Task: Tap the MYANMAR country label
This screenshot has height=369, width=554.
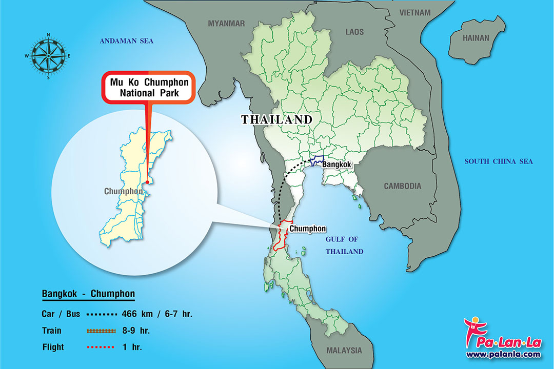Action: pyautogui.click(x=226, y=23)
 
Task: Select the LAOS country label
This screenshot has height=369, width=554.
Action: pyautogui.click(x=354, y=32)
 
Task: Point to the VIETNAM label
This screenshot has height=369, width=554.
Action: pyautogui.click(x=415, y=12)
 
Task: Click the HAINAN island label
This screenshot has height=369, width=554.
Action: pyautogui.click(x=476, y=38)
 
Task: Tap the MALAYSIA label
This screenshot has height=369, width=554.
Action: pyautogui.click(x=344, y=351)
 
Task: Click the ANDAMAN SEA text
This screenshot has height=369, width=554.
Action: pyautogui.click(x=127, y=41)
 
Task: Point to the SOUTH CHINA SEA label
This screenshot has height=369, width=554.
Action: pyautogui.click(x=498, y=161)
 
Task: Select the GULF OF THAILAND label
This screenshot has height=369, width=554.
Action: pyautogui.click(x=344, y=245)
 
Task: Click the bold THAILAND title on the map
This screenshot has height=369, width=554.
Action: pyautogui.click(x=276, y=119)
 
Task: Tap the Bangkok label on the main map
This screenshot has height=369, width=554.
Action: pyautogui.click(x=336, y=165)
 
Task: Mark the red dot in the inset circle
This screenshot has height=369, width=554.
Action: pyautogui.click(x=147, y=181)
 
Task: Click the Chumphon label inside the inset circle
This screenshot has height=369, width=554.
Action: pyautogui.click(x=123, y=191)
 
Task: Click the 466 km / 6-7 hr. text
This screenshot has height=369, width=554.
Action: pyautogui.click(x=157, y=314)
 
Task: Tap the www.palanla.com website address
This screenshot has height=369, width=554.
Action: pyautogui.click(x=503, y=354)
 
